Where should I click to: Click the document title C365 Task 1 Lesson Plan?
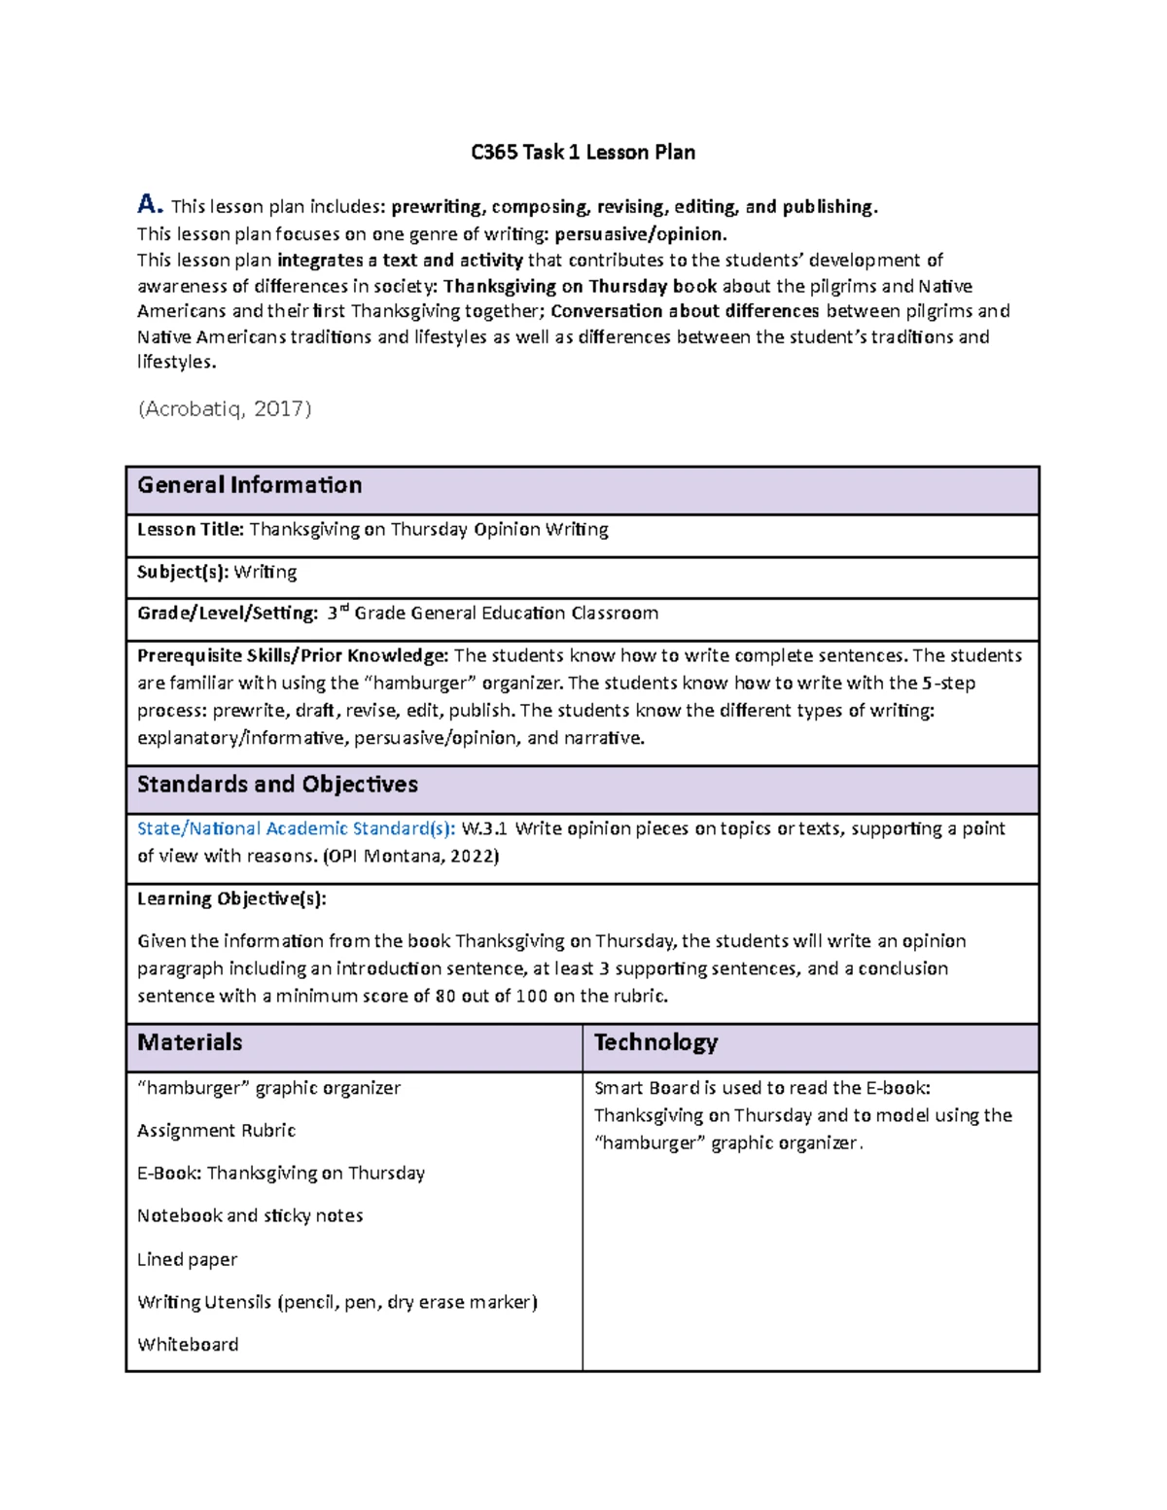(583, 153)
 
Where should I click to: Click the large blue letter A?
(148, 204)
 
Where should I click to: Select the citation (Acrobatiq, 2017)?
(225, 409)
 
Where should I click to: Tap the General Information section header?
(250, 485)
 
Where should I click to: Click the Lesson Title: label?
(190, 530)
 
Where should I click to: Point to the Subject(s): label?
(183, 573)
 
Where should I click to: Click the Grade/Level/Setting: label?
(228, 614)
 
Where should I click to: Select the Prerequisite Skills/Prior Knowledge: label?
(293, 655)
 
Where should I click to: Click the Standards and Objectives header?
(277, 785)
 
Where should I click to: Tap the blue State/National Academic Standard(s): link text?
(296, 829)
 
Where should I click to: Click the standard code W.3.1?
(484, 829)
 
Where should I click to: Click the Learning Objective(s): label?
(231, 899)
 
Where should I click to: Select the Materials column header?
(190, 1042)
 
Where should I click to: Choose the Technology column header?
(655, 1042)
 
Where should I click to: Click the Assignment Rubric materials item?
(216, 1131)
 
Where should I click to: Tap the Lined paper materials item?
(187, 1260)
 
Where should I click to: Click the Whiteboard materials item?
(188, 1345)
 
